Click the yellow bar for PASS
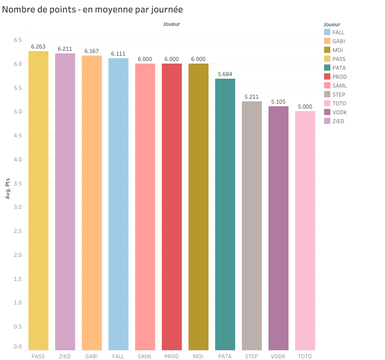tap(38, 200)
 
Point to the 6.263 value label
tap(38, 47)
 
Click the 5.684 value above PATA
tap(225, 74)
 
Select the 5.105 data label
tap(278, 102)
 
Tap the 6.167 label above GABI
tap(92, 51)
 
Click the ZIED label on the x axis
tap(65, 356)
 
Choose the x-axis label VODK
tap(278, 356)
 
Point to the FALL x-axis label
tap(118, 356)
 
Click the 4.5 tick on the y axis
tap(17, 136)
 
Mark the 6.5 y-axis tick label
tap(17, 40)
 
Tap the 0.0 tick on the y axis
tap(17, 346)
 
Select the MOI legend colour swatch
tap(327, 50)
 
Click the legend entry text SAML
tap(339, 86)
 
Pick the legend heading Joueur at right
tap(332, 24)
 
